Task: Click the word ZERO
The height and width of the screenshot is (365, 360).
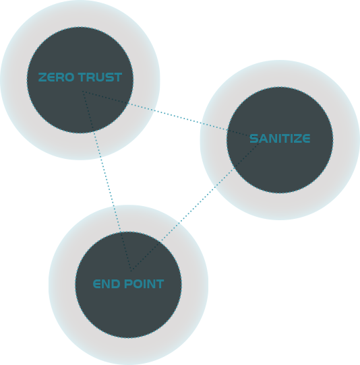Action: pyautogui.click(x=56, y=77)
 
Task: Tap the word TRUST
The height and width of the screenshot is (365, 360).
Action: pyautogui.click(x=100, y=77)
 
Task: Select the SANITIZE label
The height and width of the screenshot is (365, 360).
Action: pyautogui.click(x=280, y=139)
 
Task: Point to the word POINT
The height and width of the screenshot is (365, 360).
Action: pyautogui.click(x=144, y=284)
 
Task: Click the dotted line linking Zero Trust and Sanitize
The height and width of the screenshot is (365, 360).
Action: pyautogui.click(x=171, y=114)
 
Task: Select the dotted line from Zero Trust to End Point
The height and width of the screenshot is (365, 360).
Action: pyautogui.click(x=107, y=181)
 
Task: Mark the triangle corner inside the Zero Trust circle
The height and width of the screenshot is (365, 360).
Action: pyautogui.click(x=82, y=92)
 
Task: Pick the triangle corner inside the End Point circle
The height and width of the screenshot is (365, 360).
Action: pyautogui.click(x=131, y=271)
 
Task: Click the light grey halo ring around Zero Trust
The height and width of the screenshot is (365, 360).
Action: pyautogui.click(x=13, y=80)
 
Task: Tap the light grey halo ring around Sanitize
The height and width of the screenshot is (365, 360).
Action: pyautogui.click(x=347, y=140)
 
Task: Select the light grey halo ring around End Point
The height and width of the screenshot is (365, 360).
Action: pyautogui.click(x=62, y=284)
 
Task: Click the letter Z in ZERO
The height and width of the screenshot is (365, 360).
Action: pyautogui.click(x=42, y=77)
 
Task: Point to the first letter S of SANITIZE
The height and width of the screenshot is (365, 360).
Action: pyautogui.click(x=253, y=139)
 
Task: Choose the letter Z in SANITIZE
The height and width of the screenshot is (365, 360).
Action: pyautogui.click(x=296, y=139)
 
